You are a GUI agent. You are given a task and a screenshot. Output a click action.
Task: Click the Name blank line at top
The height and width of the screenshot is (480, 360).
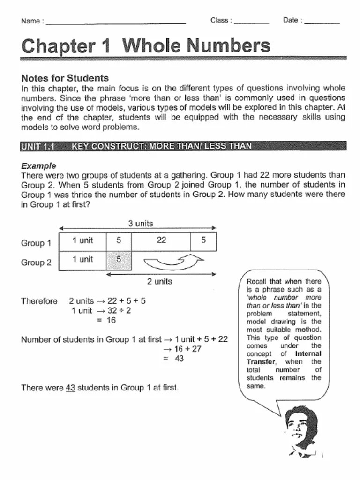(x=116, y=22)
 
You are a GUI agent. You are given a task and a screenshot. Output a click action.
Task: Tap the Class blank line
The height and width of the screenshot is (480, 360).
(x=251, y=22)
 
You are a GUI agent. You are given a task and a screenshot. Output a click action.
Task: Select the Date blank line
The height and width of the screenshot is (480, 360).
(x=322, y=22)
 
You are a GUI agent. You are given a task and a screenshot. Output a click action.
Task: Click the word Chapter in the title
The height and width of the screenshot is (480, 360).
(x=58, y=46)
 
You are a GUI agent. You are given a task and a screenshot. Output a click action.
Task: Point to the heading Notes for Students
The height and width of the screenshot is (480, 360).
(x=65, y=78)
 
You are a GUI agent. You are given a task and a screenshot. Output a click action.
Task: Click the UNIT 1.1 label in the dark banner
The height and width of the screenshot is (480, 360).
(x=38, y=146)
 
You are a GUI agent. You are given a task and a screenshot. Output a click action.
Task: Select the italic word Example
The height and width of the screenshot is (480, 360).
(x=39, y=166)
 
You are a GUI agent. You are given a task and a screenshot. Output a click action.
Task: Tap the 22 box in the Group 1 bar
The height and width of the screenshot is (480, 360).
(x=161, y=240)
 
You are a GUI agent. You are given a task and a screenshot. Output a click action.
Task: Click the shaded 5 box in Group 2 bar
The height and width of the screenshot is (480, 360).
(x=119, y=260)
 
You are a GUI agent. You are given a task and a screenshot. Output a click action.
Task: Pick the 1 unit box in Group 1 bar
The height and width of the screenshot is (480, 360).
(x=82, y=240)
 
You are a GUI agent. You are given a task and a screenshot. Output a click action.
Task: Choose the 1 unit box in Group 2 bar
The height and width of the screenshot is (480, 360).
(x=82, y=260)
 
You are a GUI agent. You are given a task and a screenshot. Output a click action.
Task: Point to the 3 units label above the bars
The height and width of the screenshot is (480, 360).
(x=141, y=224)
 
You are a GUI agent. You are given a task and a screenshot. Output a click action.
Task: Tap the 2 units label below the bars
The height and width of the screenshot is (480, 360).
(x=159, y=282)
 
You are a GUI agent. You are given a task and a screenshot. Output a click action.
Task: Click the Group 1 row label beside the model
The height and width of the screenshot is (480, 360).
(x=36, y=243)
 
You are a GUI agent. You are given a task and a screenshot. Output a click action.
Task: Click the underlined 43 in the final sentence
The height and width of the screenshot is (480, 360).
(x=70, y=388)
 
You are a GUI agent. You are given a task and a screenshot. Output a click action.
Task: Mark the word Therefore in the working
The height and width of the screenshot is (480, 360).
(x=39, y=301)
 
